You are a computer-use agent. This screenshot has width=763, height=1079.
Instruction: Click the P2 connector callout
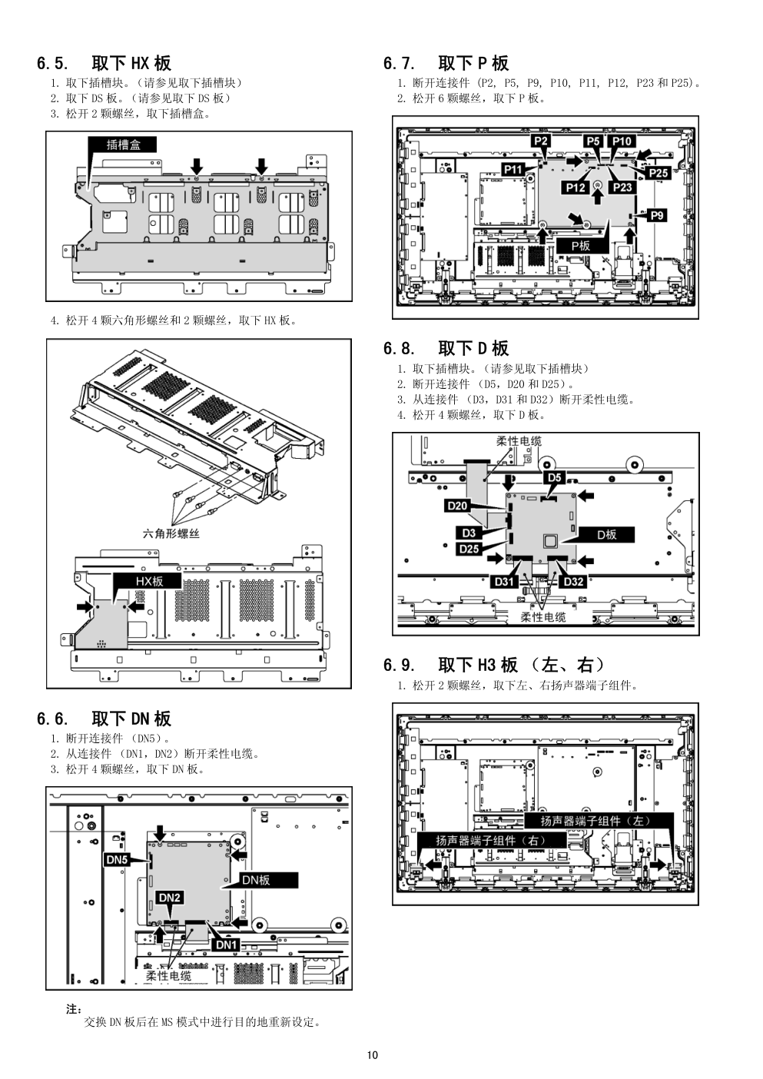[542, 141]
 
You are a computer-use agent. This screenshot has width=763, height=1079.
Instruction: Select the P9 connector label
[657, 215]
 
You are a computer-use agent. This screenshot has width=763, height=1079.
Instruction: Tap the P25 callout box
[658, 172]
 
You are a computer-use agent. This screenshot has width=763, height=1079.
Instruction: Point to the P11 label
[513, 169]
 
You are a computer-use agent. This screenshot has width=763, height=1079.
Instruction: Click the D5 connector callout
[555, 477]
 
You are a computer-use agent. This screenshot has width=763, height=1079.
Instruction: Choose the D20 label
[457, 505]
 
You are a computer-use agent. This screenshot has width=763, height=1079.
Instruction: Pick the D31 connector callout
[504, 582]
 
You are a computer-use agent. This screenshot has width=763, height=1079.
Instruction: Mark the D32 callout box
[573, 582]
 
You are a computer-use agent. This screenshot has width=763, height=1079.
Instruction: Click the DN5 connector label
[117, 860]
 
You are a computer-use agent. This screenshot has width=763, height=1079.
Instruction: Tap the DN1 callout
[226, 945]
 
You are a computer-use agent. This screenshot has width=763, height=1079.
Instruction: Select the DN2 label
[170, 898]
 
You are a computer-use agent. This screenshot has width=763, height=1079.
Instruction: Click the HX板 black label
[149, 581]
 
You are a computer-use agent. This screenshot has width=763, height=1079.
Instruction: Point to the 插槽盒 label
[122, 144]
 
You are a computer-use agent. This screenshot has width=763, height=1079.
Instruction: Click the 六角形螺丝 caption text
[171, 533]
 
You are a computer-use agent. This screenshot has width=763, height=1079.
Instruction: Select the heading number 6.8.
[399, 348]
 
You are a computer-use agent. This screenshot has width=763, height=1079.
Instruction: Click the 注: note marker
[74, 1009]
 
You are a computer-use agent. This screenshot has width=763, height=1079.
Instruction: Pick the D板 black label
[606, 535]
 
